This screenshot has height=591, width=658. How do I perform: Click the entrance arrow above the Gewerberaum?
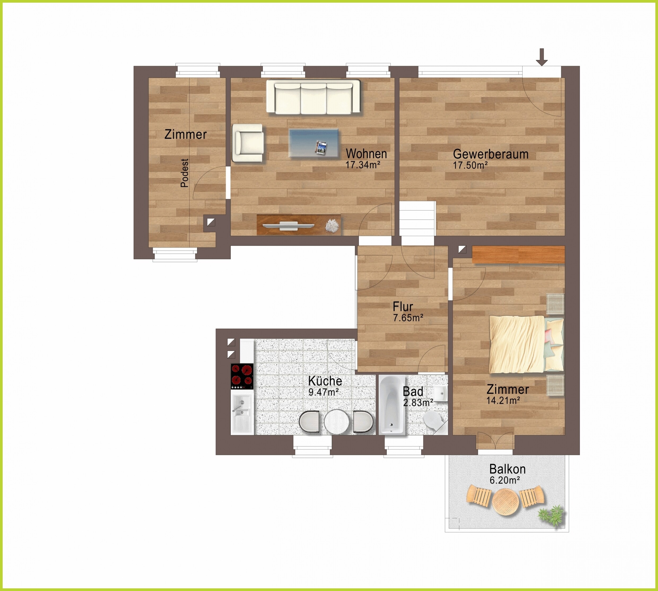coord(542,57)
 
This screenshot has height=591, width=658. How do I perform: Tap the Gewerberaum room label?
coord(490,154)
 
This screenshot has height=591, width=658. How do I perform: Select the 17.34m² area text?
coord(363,165)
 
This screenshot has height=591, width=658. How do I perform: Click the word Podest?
coord(184,173)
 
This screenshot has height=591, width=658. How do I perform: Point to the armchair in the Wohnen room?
coord(248,143)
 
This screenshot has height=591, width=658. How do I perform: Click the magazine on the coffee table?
coord(321,148)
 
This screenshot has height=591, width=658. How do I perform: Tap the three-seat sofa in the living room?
coord(313,97)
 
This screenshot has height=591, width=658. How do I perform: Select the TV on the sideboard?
coord(288,225)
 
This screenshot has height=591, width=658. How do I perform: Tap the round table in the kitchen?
coord(337,422)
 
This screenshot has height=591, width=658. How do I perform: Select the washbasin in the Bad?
coord(441,394)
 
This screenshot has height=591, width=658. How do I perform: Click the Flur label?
coord(403,307)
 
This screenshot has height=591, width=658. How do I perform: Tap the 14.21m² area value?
coord(503,400)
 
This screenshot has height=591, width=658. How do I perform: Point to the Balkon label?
coord(507,469)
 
